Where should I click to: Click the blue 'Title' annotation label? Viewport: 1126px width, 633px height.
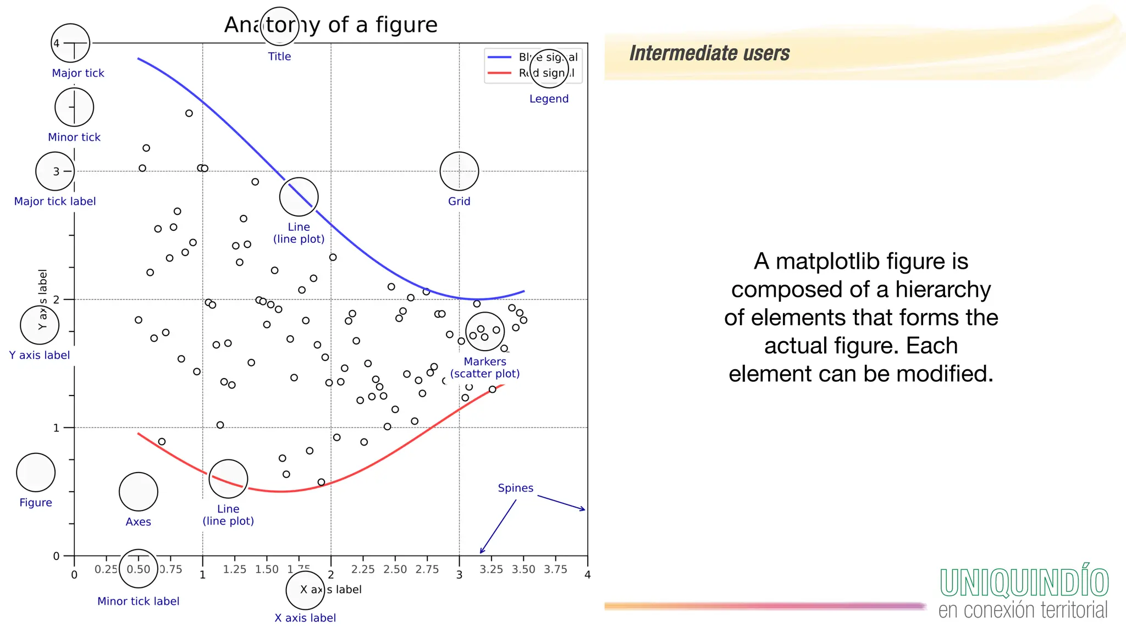point(279,56)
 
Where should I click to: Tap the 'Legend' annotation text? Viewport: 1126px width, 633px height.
point(549,99)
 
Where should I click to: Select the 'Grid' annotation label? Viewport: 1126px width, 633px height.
point(459,201)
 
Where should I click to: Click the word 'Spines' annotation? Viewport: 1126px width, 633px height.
point(515,488)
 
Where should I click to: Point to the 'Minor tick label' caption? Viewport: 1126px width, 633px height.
point(138,601)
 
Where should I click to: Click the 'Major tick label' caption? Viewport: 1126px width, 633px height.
point(55,201)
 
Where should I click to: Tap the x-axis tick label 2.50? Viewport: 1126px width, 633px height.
point(395,569)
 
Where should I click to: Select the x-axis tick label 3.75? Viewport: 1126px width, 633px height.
point(555,569)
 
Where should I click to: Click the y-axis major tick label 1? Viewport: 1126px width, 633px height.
point(56,428)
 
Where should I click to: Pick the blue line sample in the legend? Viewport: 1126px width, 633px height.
point(499,57)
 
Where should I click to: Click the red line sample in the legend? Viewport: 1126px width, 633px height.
point(499,73)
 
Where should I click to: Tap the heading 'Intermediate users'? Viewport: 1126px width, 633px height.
point(709,53)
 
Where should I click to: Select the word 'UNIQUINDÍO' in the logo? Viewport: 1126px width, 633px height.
point(1024,583)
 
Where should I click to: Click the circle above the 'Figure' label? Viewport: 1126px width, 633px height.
point(36,473)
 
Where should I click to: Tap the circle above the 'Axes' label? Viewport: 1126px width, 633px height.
point(139,492)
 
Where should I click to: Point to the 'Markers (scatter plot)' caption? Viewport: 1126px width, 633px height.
point(485,368)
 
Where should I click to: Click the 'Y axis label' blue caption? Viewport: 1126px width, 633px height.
point(40,355)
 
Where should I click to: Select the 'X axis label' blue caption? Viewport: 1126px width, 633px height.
point(305,618)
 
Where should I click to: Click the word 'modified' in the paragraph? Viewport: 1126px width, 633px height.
point(944,374)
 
